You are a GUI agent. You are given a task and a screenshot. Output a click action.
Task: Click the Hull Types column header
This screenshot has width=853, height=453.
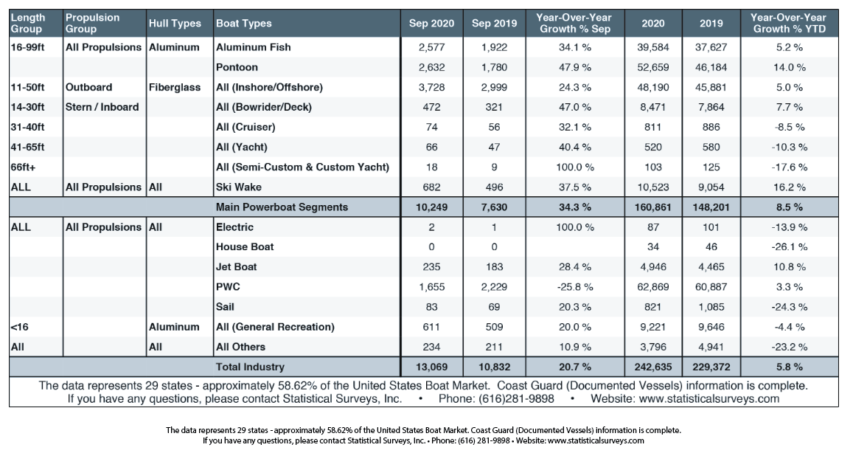175,24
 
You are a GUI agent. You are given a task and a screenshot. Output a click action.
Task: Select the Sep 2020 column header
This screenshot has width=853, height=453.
431,24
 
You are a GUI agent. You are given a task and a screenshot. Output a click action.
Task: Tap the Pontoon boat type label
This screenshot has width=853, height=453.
237,67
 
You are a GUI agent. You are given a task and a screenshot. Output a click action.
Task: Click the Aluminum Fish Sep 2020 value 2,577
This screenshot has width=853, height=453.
431,47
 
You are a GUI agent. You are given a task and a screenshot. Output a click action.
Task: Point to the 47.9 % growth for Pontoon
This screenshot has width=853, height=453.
575,68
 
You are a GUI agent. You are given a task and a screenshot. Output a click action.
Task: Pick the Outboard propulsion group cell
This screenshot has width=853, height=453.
88,87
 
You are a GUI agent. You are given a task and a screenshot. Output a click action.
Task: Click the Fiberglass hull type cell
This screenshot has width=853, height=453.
175,87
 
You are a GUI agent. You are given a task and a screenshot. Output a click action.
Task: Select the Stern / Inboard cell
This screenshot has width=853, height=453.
102,107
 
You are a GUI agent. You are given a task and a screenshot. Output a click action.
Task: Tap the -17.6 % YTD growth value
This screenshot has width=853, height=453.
790,167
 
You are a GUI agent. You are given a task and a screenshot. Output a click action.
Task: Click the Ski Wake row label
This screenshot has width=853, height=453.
238,187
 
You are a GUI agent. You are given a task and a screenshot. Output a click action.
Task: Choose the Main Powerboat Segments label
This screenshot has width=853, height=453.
282,207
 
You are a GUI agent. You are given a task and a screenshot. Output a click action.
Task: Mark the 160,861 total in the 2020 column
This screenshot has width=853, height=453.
652,207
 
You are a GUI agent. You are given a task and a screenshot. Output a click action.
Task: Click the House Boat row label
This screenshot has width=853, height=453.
245,246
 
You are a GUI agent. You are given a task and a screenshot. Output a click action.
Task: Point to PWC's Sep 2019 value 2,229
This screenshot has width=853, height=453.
494,287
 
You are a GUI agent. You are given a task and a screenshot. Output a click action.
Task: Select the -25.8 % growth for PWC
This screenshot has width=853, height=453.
575,287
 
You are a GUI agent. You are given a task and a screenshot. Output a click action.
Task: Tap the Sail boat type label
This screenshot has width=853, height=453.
225,306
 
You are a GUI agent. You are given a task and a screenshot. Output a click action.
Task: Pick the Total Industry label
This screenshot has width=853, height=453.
250,367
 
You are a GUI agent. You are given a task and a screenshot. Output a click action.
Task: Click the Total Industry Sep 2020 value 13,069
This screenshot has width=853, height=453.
431,367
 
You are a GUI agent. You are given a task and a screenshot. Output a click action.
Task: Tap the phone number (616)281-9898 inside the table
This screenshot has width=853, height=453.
516,399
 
